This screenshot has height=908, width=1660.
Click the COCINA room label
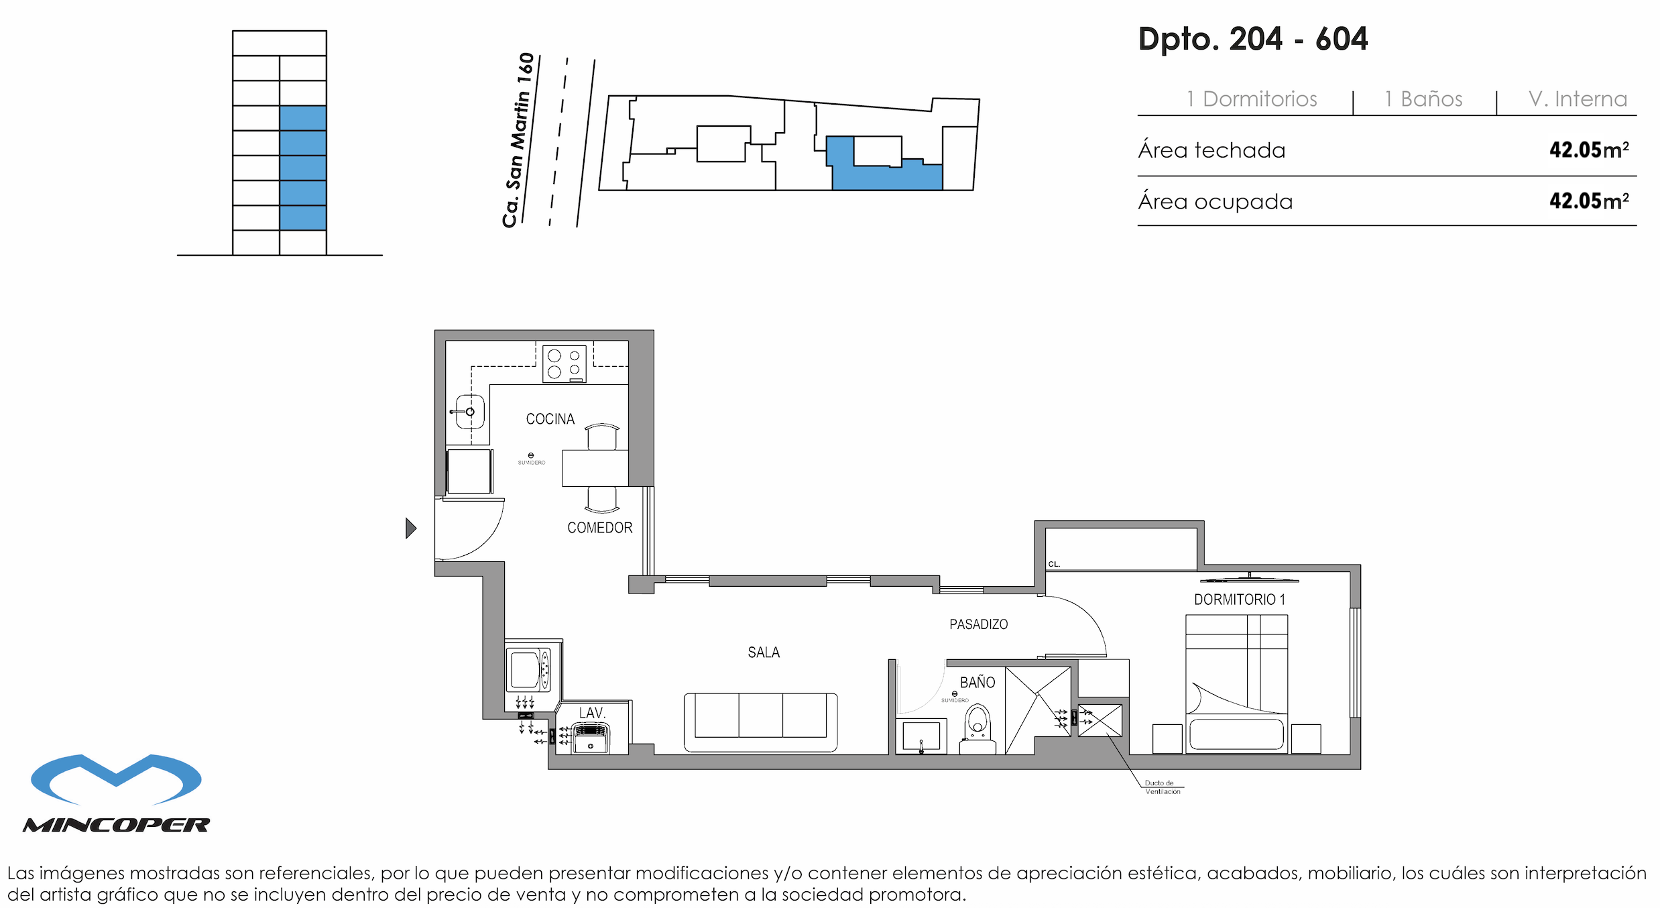coord(550,419)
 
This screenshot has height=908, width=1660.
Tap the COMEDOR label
coord(599,528)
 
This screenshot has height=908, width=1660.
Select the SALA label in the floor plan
coord(763,652)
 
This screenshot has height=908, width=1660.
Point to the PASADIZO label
coord(978,624)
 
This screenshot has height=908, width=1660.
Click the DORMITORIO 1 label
coord(1239,600)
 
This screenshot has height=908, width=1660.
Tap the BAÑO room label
coord(977,683)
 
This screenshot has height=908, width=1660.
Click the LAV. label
coord(592,713)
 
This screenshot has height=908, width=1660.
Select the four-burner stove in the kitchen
coord(564,363)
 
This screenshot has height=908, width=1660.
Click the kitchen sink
coord(469,412)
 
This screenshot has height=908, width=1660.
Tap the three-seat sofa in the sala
coord(760,721)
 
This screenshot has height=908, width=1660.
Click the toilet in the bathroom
coord(977,725)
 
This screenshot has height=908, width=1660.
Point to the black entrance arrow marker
coord(410,528)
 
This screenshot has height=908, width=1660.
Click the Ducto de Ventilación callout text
coord(1162,787)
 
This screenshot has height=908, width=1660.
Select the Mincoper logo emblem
coord(116,779)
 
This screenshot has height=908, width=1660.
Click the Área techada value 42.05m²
coord(1588,150)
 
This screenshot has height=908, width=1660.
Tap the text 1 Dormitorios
coord(1251,99)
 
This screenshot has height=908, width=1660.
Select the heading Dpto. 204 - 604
coord(1252,39)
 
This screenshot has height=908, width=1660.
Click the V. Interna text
coord(1577,99)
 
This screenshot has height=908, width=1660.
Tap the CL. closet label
coord(1054,564)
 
